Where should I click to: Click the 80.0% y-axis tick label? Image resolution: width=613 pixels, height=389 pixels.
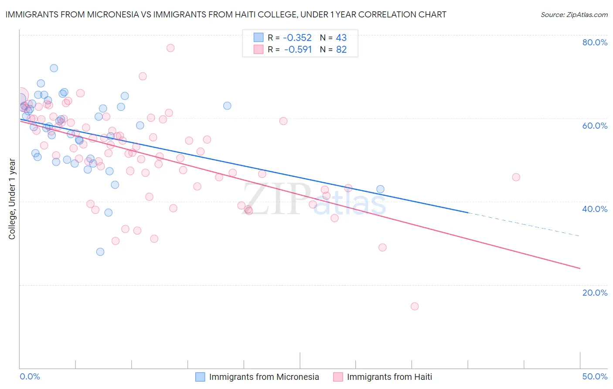tap(595, 42)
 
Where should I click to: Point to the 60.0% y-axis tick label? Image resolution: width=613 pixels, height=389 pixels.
tap(595, 126)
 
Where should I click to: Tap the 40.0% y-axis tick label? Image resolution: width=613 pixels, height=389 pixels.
tap(595, 209)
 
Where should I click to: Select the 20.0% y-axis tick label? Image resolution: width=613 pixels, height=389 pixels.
tap(595, 293)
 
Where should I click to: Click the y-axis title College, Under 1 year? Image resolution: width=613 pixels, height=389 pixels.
tap(12, 199)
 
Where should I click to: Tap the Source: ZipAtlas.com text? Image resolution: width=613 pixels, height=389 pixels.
tap(574, 15)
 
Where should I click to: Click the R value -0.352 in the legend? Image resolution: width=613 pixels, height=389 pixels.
tap(298, 38)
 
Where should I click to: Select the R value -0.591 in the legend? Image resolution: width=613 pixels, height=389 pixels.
tap(298, 50)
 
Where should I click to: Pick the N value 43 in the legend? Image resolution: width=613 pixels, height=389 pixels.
tap(341, 38)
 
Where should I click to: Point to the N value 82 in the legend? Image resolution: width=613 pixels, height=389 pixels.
tap(341, 50)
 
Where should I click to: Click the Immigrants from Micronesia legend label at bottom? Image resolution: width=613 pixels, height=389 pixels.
tap(264, 377)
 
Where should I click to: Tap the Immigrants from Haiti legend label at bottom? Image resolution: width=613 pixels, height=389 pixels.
tap(389, 377)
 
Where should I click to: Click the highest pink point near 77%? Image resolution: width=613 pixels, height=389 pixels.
tap(170, 48)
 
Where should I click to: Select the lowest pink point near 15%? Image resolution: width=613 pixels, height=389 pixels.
tap(415, 307)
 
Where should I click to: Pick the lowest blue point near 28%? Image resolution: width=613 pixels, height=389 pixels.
tap(100, 252)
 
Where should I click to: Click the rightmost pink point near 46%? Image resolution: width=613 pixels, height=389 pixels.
tap(516, 177)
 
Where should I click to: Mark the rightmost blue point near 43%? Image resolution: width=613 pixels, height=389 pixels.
tap(380, 189)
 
